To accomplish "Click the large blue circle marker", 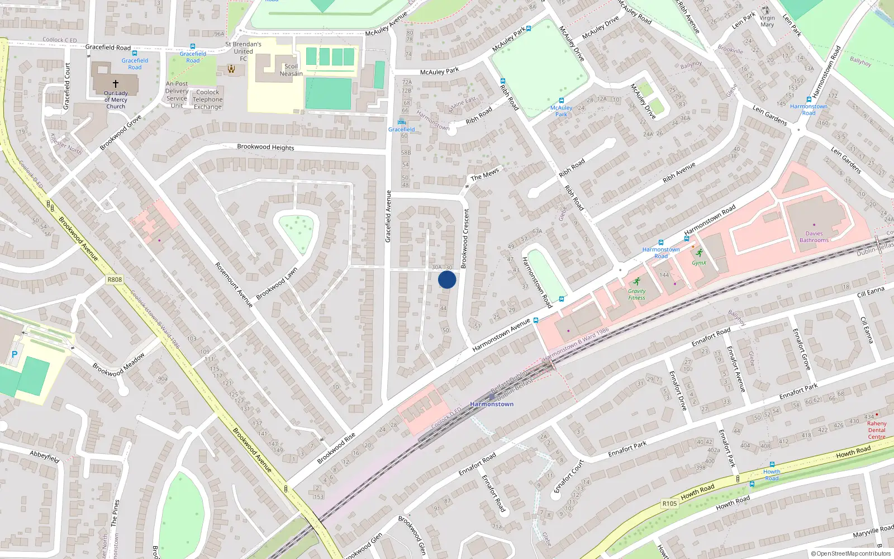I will pyautogui.click(x=447, y=279).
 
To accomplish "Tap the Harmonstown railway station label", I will pyautogui.click(x=492, y=404).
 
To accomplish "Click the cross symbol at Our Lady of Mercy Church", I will pyautogui.click(x=116, y=84).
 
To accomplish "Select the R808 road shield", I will pyautogui.click(x=115, y=279).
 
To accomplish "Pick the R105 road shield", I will pyautogui.click(x=669, y=504).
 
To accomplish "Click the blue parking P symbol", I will pyautogui.click(x=15, y=354).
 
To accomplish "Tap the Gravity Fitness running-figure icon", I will pyautogui.click(x=636, y=281).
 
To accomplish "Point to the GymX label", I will pyautogui.click(x=699, y=263).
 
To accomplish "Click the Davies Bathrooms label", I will pyautogui.click(x=814, y=237).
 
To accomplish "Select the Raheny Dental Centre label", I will pyautogui.click(x=877, y=430).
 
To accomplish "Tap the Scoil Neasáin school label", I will pyautogui.click(x=291, y=70).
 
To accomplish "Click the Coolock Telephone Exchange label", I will pyautogui.click(x=208, y=100).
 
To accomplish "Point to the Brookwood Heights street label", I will pyautogui.click(x=265, y=147).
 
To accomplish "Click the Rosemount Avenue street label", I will pyautogui.click(x=234, y=285).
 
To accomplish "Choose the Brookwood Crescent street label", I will pyautogui.click(x=465, y=239).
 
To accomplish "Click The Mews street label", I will pyautogui.click(x=484, y=175).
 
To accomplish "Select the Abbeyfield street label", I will pyautogui.click(x=45, y=456).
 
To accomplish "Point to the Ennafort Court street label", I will pyautogui.click(x=569, y=477).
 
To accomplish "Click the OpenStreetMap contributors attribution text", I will pyautogui.click(x=851, y=553).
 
